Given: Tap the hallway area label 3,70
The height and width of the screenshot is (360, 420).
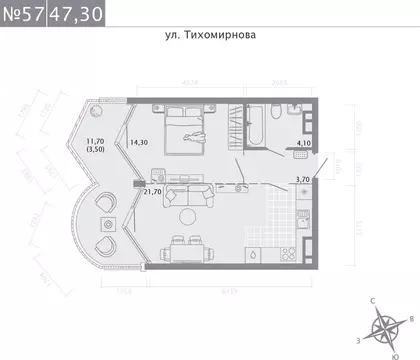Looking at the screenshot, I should [x=303, y=179].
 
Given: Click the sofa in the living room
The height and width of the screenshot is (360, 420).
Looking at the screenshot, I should [x=187, y=193].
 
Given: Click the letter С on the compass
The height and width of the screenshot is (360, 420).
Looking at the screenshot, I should [x=373, y=301].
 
